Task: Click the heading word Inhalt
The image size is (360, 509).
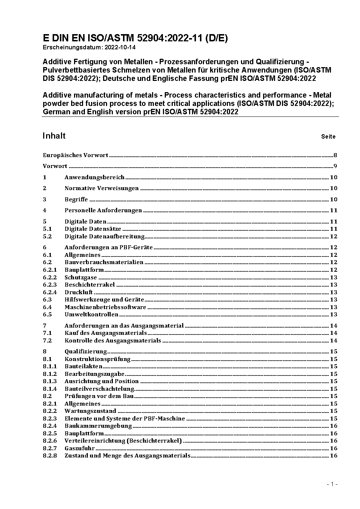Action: click(x=54, y=136)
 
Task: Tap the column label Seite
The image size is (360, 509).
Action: click(x=328, y=137)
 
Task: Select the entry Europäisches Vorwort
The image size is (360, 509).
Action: click(x=75, y=155)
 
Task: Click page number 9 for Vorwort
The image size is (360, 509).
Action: click(x=335, y=166)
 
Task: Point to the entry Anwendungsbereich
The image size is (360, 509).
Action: click(x=94, y=177)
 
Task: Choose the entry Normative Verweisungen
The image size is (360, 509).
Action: click(x=102, y=188)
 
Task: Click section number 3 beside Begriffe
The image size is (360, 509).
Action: click(x=45, y=199)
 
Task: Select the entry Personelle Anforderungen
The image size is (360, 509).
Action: click(x=103, y=210)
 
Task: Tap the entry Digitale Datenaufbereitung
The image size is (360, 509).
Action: click(x=105, y=237)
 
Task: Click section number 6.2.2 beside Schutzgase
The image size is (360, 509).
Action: click(x=50, y=278)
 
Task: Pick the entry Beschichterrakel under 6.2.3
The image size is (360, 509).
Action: click(x=90, y=285)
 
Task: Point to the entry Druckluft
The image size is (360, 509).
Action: click(x=78, y=292)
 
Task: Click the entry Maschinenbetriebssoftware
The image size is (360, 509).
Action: click(x=105, y=307)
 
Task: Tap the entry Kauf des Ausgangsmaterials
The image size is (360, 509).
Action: click(x=106, y=333)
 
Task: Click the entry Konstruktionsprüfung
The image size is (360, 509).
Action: click(x=97, y=359)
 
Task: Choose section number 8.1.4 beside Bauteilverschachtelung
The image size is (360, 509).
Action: click(x=50, y=389)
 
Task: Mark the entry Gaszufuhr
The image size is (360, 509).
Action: click(x=79, y=448)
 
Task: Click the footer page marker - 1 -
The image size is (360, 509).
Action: click(x=332, y=484)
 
